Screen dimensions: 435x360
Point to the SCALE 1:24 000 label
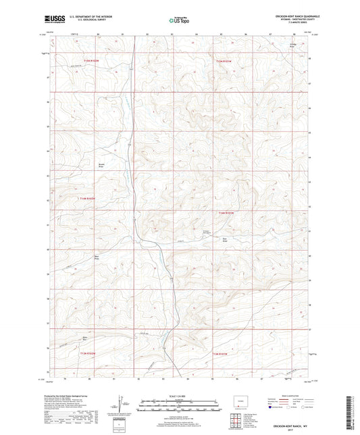point(179,396)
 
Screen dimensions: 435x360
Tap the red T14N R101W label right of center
point(226,213)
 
